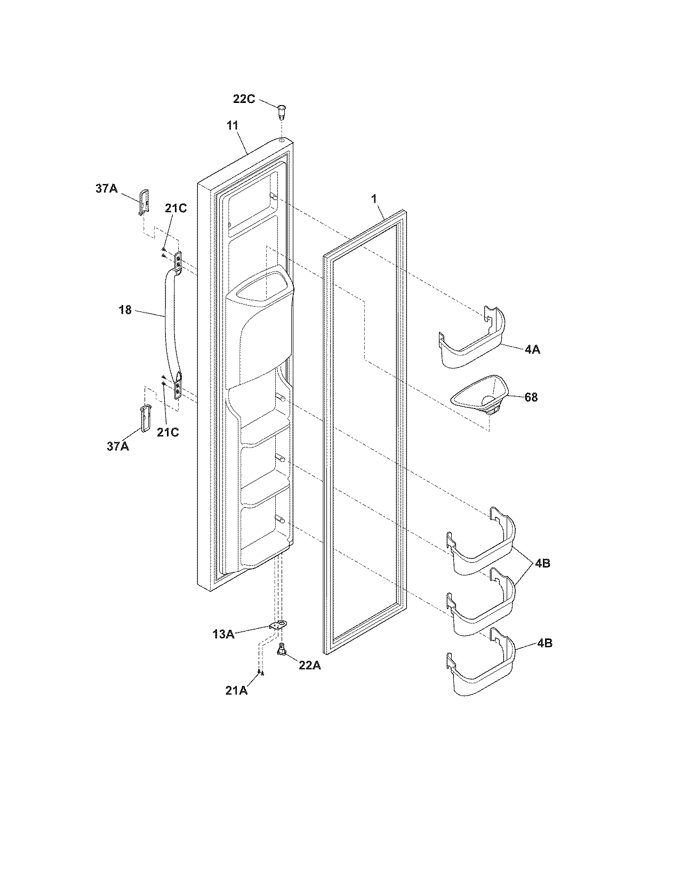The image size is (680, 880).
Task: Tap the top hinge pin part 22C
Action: (x=281, y=112)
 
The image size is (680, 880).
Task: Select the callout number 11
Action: (x=232, y=126)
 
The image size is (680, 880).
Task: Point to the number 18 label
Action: (x=125, y=310)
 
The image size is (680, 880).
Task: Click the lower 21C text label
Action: (x=167, y=432)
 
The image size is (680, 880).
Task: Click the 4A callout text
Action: (x=531, y=350)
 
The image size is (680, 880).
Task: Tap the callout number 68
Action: (x=531, y=397)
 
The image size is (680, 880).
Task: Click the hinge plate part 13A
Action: (x=277, y=626)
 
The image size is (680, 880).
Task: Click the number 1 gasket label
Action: (x=374, y=199)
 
